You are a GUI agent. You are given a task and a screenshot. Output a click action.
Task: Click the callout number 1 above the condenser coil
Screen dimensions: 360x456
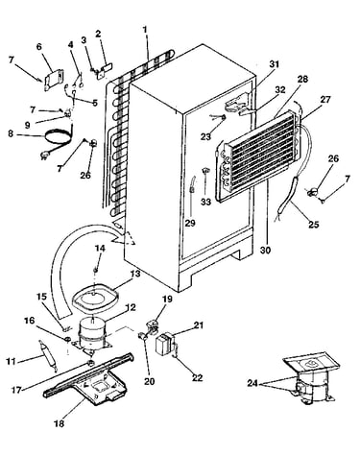click(x=145, y=30)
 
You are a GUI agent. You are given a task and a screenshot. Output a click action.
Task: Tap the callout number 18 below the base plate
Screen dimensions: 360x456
click(x=60, y=423)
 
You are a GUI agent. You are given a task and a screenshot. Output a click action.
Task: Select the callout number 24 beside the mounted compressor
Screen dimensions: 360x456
click(x=252, y=383)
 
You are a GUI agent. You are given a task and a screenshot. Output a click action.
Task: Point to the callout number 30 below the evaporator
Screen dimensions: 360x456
click(x=265, y=250)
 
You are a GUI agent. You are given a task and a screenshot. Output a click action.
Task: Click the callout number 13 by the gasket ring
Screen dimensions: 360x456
click(x=135, y=275)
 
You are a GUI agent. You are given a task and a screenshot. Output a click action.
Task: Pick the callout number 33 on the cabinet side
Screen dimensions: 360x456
click(x=206, y=203)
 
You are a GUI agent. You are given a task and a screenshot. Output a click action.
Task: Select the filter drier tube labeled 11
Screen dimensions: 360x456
click(x=48, y=356)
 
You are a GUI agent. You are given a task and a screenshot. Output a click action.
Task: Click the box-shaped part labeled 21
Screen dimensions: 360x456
click(x=165, y=343)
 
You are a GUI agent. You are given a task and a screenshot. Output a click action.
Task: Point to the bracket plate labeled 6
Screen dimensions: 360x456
click(x=53, y=80)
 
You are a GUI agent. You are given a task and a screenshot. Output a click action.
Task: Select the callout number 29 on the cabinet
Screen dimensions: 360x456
click(x=190, y=223)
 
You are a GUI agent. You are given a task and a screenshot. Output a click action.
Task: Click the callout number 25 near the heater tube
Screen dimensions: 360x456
click(x=314, y=225)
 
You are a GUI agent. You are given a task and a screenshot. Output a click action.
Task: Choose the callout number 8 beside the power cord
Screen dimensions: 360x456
click(x=11, y=133)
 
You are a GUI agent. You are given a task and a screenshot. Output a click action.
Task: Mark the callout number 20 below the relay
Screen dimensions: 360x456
click(x=150, y=381)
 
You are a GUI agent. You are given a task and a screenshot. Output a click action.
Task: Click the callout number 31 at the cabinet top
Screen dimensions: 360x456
click(x=274, y=64)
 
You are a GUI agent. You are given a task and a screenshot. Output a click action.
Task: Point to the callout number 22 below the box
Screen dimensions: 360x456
click(x=198, y=377)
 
